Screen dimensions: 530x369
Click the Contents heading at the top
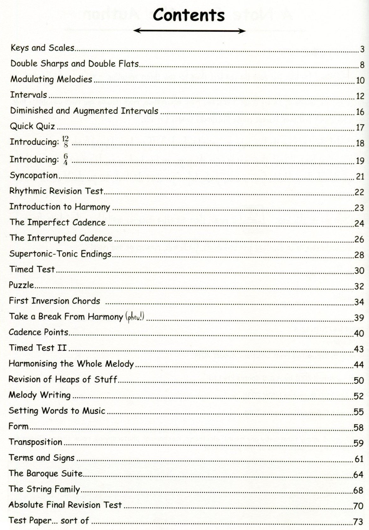click(189, 15)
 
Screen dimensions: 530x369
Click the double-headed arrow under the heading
click(189, 31)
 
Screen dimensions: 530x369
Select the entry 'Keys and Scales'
click(42, 48)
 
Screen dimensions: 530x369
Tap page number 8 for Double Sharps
click(362, 65)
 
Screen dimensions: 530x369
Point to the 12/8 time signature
click(65, 142)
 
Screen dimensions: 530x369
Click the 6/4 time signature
click(65, 159)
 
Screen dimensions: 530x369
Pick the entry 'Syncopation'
click(34, 175)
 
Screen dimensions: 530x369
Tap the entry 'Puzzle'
click(21, 285)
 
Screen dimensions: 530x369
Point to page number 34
click(359, 302)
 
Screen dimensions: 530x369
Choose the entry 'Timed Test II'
click(38, 348)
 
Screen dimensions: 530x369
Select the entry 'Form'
click(18, 426)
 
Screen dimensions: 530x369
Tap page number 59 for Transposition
click(359, 443)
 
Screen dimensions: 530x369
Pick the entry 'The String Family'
click(44, 489)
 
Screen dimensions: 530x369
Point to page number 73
click(359, 521)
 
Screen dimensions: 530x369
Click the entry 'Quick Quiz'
click(32, 126)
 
